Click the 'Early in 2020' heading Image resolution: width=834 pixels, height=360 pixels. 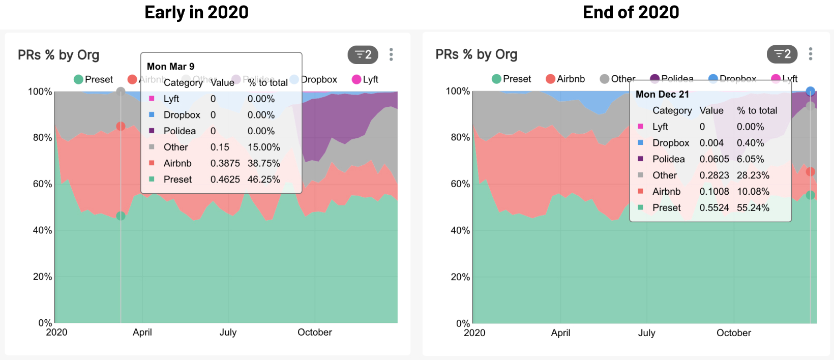(196, 12)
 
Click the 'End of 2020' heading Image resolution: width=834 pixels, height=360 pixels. (631, 12)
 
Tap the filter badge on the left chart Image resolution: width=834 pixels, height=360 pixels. (363, 54)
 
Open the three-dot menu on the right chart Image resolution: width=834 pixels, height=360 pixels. (810, 54)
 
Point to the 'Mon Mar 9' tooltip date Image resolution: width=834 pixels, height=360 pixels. (170, 67)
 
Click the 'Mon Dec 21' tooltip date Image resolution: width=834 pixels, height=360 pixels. (662, 94)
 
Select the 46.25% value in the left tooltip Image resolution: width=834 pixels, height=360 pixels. (263, 179)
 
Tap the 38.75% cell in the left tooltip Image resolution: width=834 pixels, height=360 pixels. (263, 163)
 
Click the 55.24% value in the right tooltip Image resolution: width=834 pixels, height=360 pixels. (753, 207)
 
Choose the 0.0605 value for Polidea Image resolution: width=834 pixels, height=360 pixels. (714, 159)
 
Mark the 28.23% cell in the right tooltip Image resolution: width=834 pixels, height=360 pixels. (753, 175)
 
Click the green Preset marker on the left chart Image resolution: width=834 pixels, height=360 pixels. (121, 216)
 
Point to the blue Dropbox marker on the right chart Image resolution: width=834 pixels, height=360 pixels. (811, 92)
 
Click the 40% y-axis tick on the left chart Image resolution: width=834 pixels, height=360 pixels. (42, 230)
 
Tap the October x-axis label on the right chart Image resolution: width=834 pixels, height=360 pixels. (733, 333)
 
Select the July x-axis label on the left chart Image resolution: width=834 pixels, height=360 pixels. (228, 332)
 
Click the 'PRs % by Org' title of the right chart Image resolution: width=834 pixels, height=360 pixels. (476, 54)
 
